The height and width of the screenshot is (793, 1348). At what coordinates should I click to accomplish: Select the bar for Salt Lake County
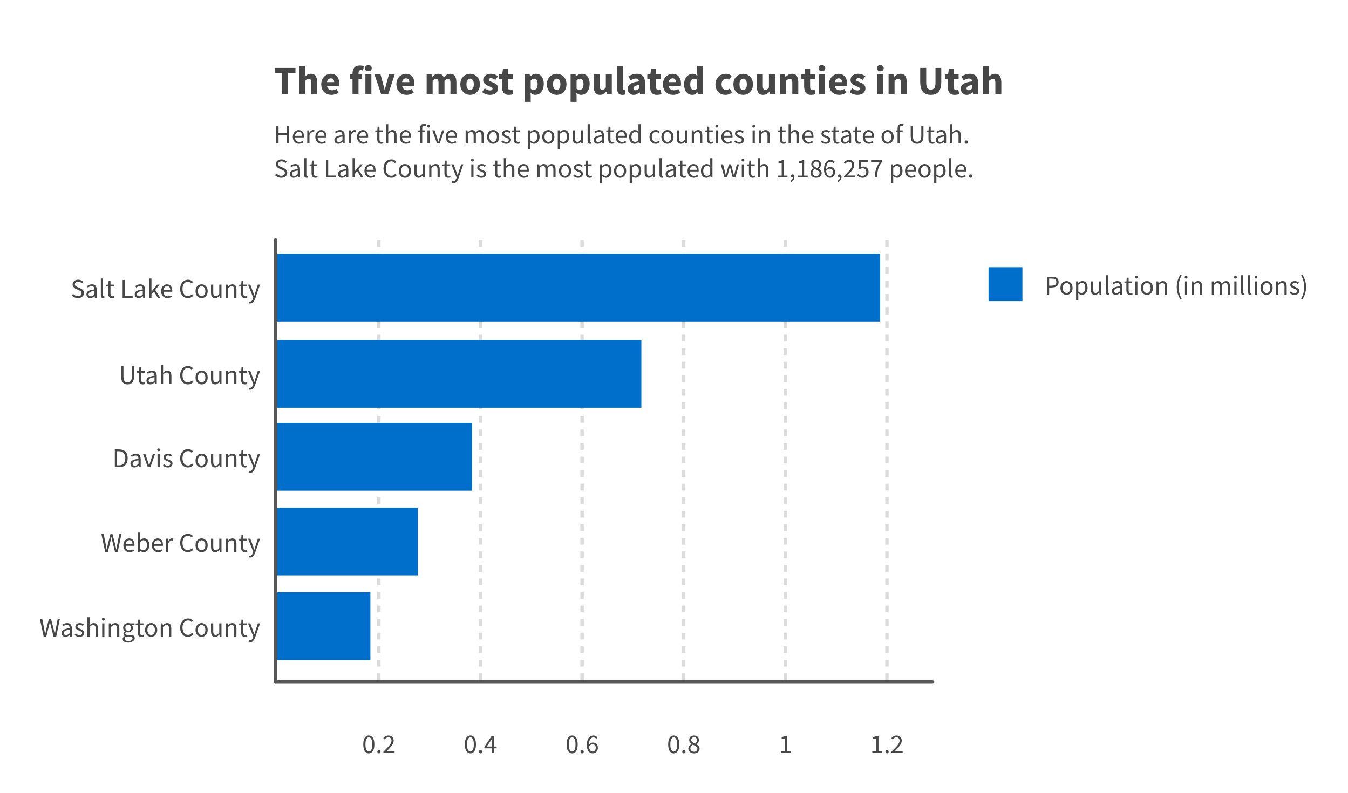pos(578,288)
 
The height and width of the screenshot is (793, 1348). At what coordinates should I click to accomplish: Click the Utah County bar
pos(459,374)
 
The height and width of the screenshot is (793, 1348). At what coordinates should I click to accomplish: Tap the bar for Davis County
pos(374,457)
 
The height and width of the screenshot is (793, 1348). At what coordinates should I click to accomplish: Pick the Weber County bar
pos(347,542)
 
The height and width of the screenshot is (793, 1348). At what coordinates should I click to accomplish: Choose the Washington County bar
pos(323,626)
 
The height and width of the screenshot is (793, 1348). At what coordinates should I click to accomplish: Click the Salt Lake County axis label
pos(165,290)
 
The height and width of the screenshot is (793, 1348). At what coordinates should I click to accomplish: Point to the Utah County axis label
pos(189,376)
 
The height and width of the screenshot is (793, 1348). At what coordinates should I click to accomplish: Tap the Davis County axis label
pos(186,459)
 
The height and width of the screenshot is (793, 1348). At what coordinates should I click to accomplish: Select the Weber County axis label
pos(180,544)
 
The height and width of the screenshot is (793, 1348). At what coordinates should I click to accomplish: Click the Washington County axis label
pos(149,628)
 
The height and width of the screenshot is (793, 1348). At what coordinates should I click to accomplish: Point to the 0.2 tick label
pos(378,745)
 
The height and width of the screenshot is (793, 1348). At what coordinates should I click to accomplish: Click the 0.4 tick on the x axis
pos(480,745)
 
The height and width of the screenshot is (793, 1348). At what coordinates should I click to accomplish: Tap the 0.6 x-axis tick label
pos(582,745)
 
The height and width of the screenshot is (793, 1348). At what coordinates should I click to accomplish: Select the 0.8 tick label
pos(683,745)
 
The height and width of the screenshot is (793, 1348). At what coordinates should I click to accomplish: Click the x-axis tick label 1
pos(785,745)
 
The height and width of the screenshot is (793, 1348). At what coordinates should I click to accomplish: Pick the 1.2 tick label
pos(887,745)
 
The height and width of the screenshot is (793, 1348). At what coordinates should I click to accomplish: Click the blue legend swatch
pos(1005,284)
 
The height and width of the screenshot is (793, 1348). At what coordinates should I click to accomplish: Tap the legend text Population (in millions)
pos(1175,286)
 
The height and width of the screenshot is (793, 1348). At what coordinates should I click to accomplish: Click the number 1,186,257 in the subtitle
pos(829,169)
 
